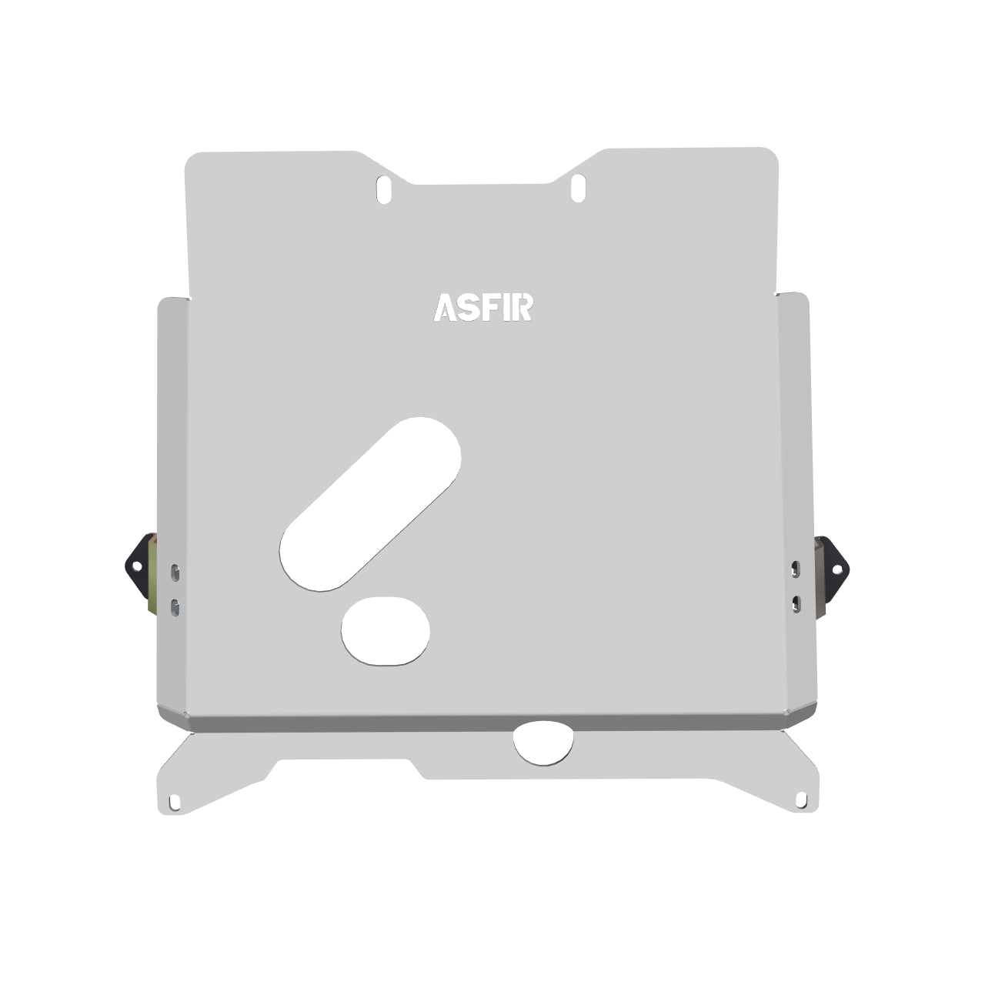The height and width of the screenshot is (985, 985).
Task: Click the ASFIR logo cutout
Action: click(483, 306)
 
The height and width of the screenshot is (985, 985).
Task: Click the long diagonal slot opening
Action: click(370, 504)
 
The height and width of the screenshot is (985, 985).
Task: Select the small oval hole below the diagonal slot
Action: click(386, 629)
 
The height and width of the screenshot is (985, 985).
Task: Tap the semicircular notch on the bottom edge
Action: click(544, 742)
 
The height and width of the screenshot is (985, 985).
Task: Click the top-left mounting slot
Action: click(384, 189)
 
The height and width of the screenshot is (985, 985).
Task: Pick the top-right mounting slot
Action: click(579, 188)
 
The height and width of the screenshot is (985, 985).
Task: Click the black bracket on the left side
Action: click(139, 566)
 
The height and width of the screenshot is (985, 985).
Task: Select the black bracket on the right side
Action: click(835, 569)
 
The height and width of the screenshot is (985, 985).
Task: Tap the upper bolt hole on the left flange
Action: click(175, 572)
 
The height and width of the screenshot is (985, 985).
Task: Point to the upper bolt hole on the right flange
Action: click(796, 569)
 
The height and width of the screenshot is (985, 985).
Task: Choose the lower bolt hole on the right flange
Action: click(796, 603)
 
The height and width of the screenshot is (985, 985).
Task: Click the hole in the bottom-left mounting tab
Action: click(175, 802)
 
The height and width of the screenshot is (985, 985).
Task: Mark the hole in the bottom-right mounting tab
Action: click(801, 800)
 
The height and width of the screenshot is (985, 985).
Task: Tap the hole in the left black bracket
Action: click(136, 566)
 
